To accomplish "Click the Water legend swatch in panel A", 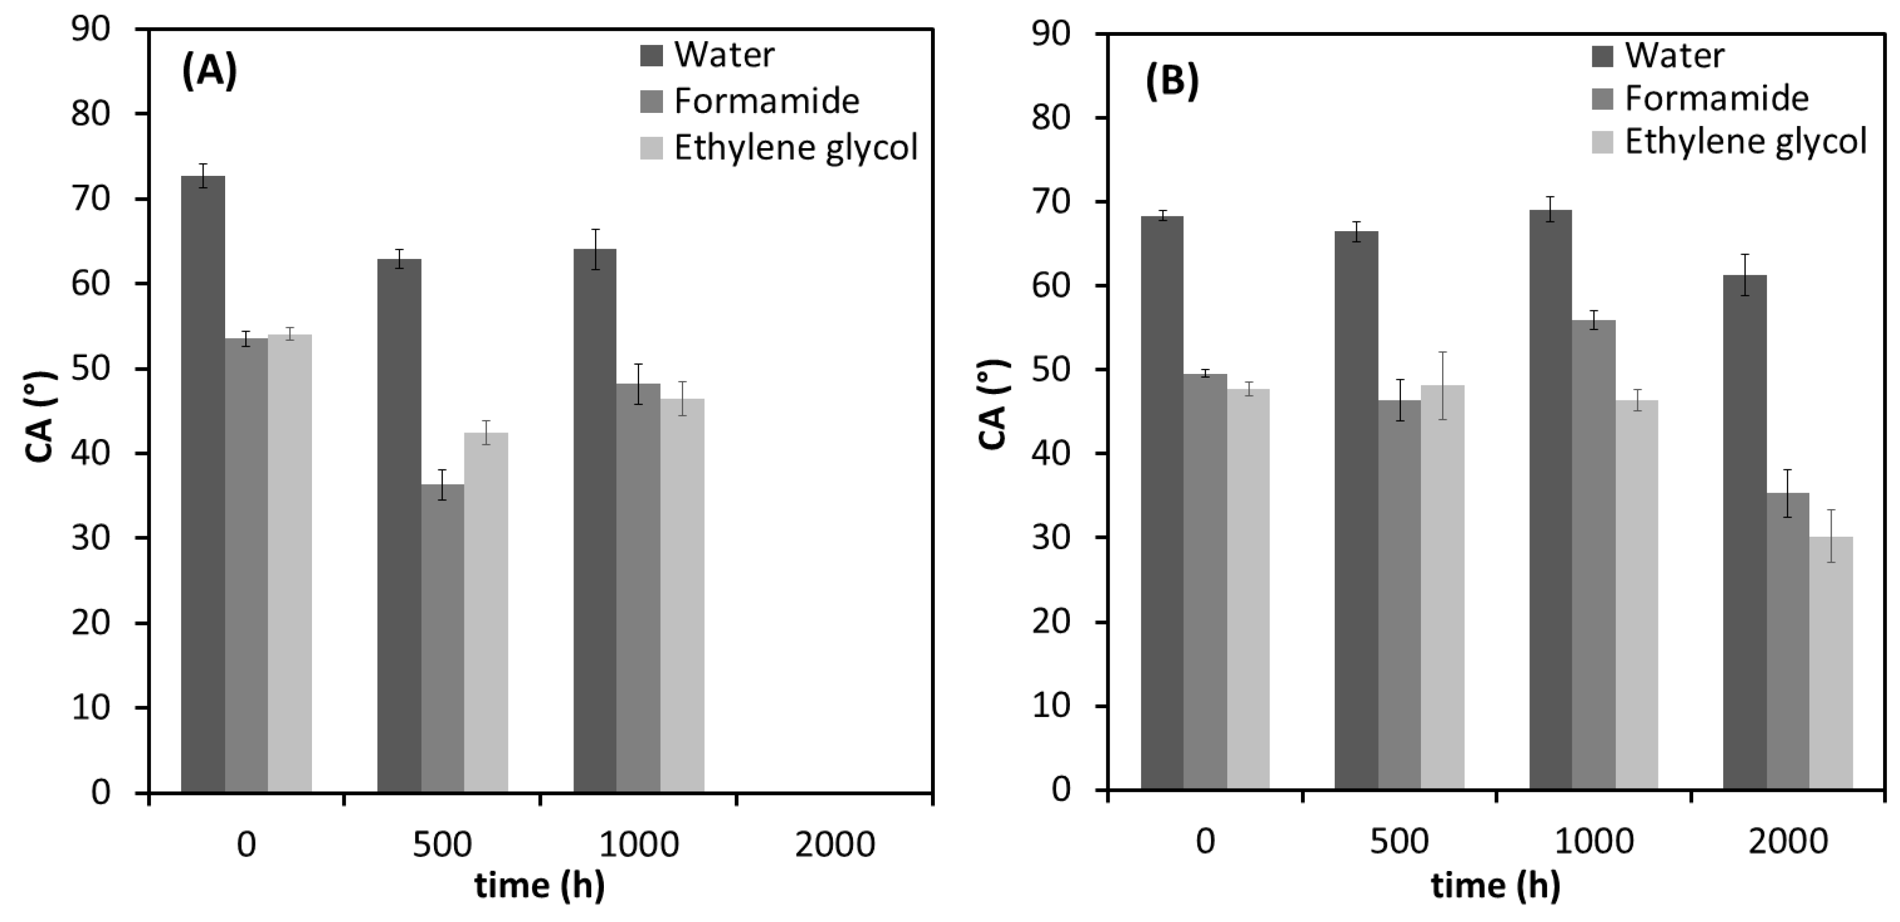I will (651, 55).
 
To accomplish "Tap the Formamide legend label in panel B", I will (1716, 98).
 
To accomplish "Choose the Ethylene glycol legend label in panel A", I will (796, 148).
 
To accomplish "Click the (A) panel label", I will (209, 72).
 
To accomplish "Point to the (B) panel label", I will (1171, 81).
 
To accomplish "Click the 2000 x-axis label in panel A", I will (834, 844).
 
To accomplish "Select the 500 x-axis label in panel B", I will (1399, 841).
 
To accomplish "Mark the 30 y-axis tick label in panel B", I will (1051, 538).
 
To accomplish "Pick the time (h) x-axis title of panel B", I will (1495, 886).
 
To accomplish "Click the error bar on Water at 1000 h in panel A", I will (595, 249).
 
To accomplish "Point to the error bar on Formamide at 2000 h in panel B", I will (1788, 493).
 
